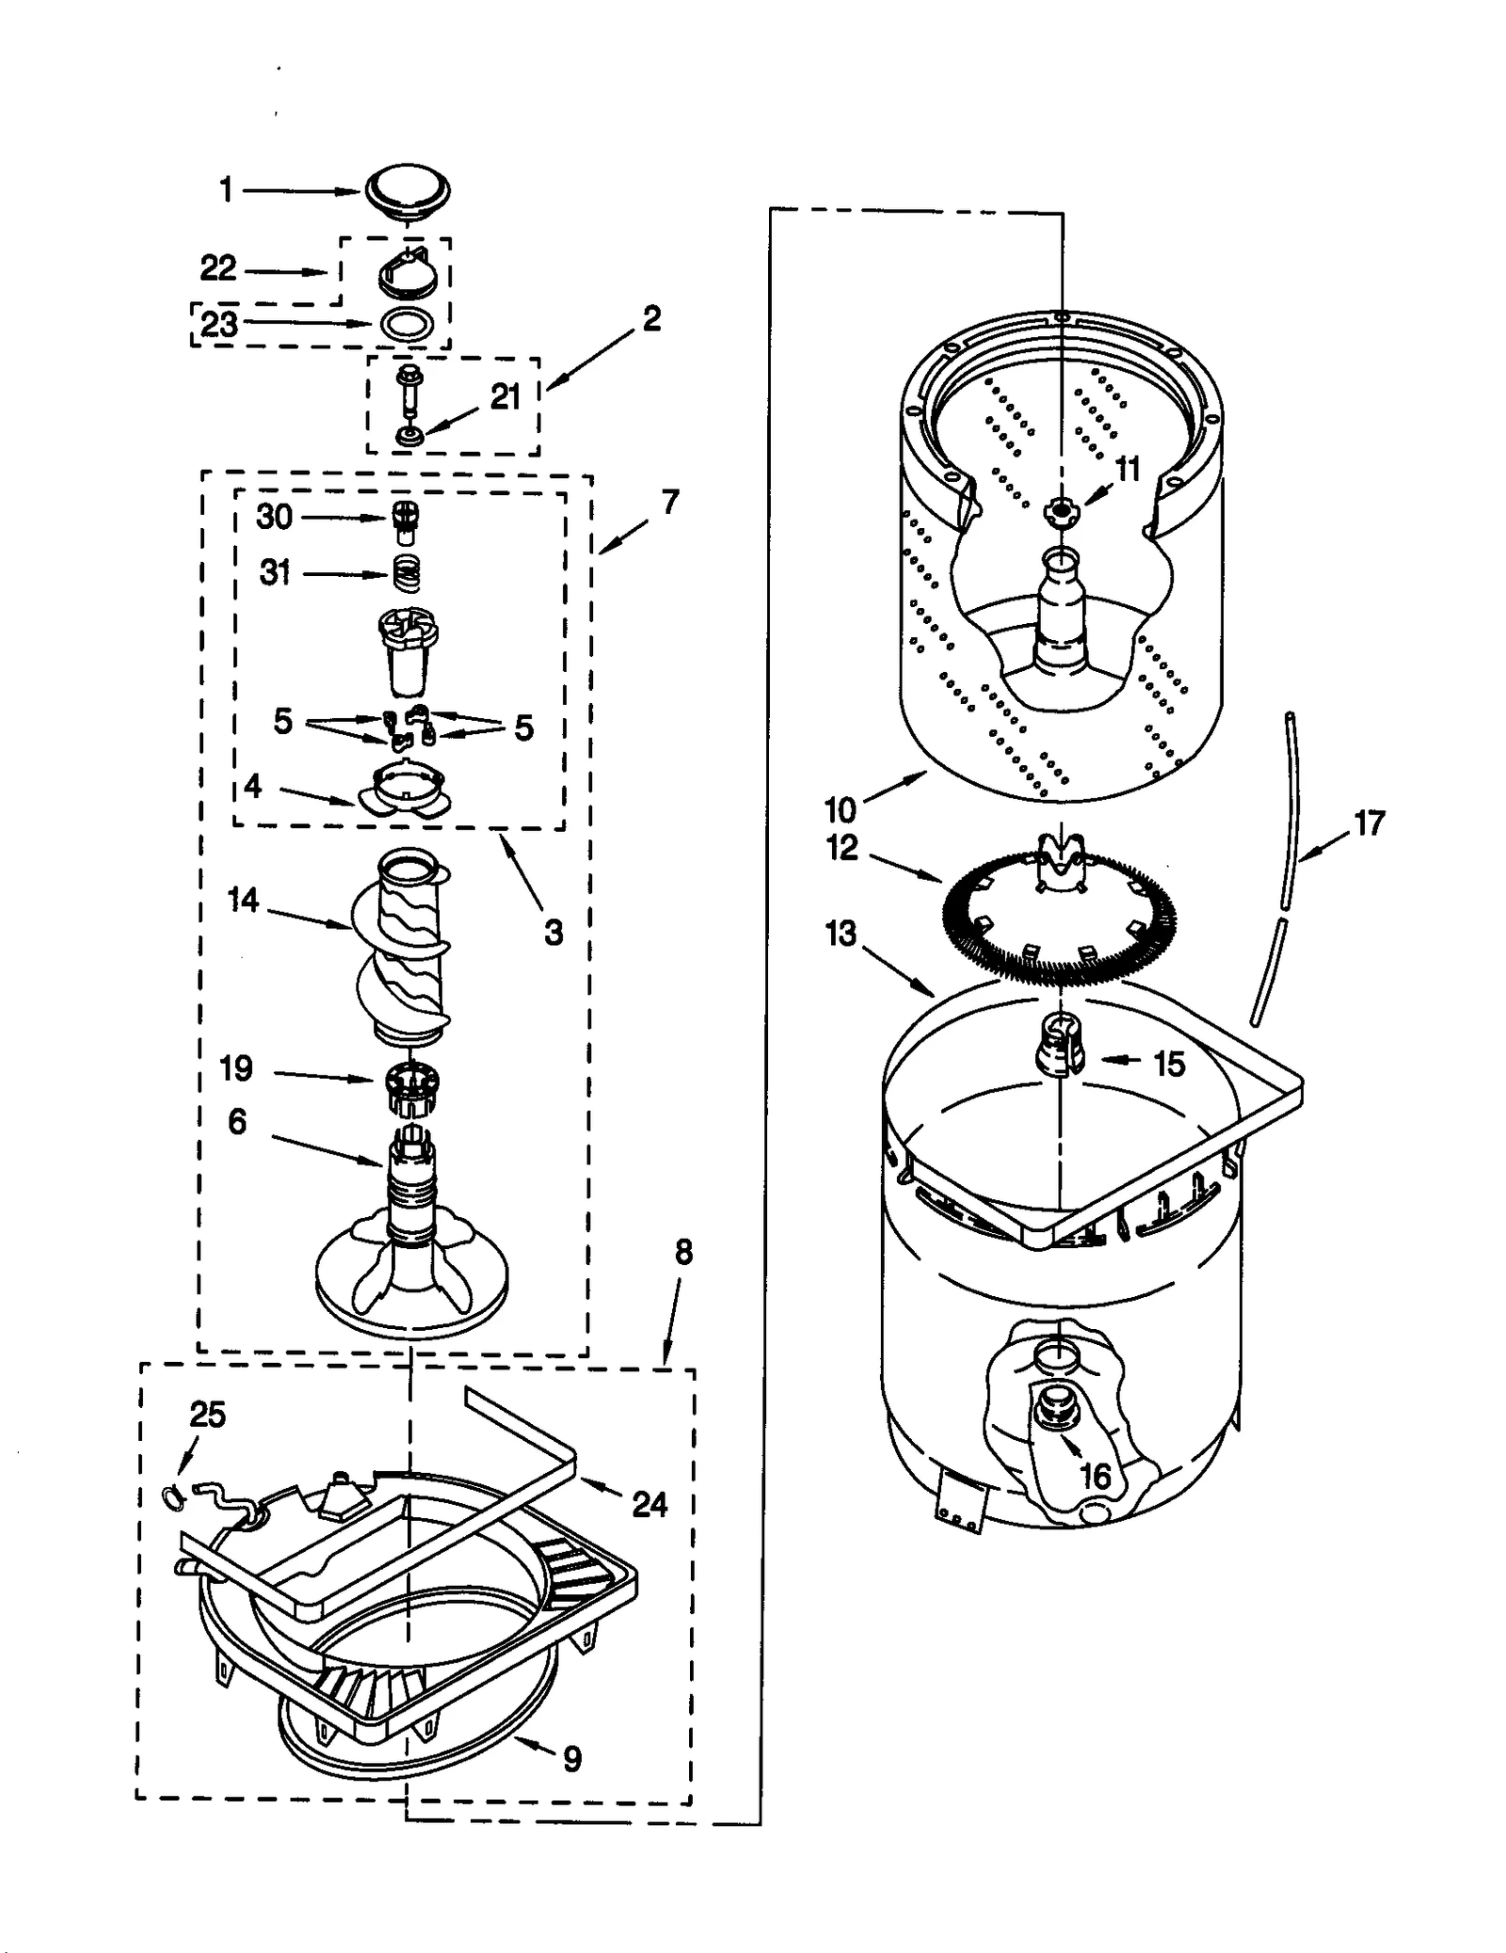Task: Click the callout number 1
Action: [x=226, y=191]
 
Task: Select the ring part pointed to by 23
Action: [x=407, y=323]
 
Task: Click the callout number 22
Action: [x=217, y=268]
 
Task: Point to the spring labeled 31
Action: [x=406, y=572]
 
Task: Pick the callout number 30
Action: [x=274, y=516]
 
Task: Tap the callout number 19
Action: [x=235, y=1067]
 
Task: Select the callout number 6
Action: [x=236, y=1121]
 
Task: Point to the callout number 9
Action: [x=572, y=1758]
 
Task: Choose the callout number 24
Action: [x=649, y=1504]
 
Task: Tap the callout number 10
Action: [x=840, y=808]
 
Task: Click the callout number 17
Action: [x=1369, y=824]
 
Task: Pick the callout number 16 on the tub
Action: [x=1096, y=1476]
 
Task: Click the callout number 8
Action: [x=683, y=1252]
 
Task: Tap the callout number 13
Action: [x=841, y=934]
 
